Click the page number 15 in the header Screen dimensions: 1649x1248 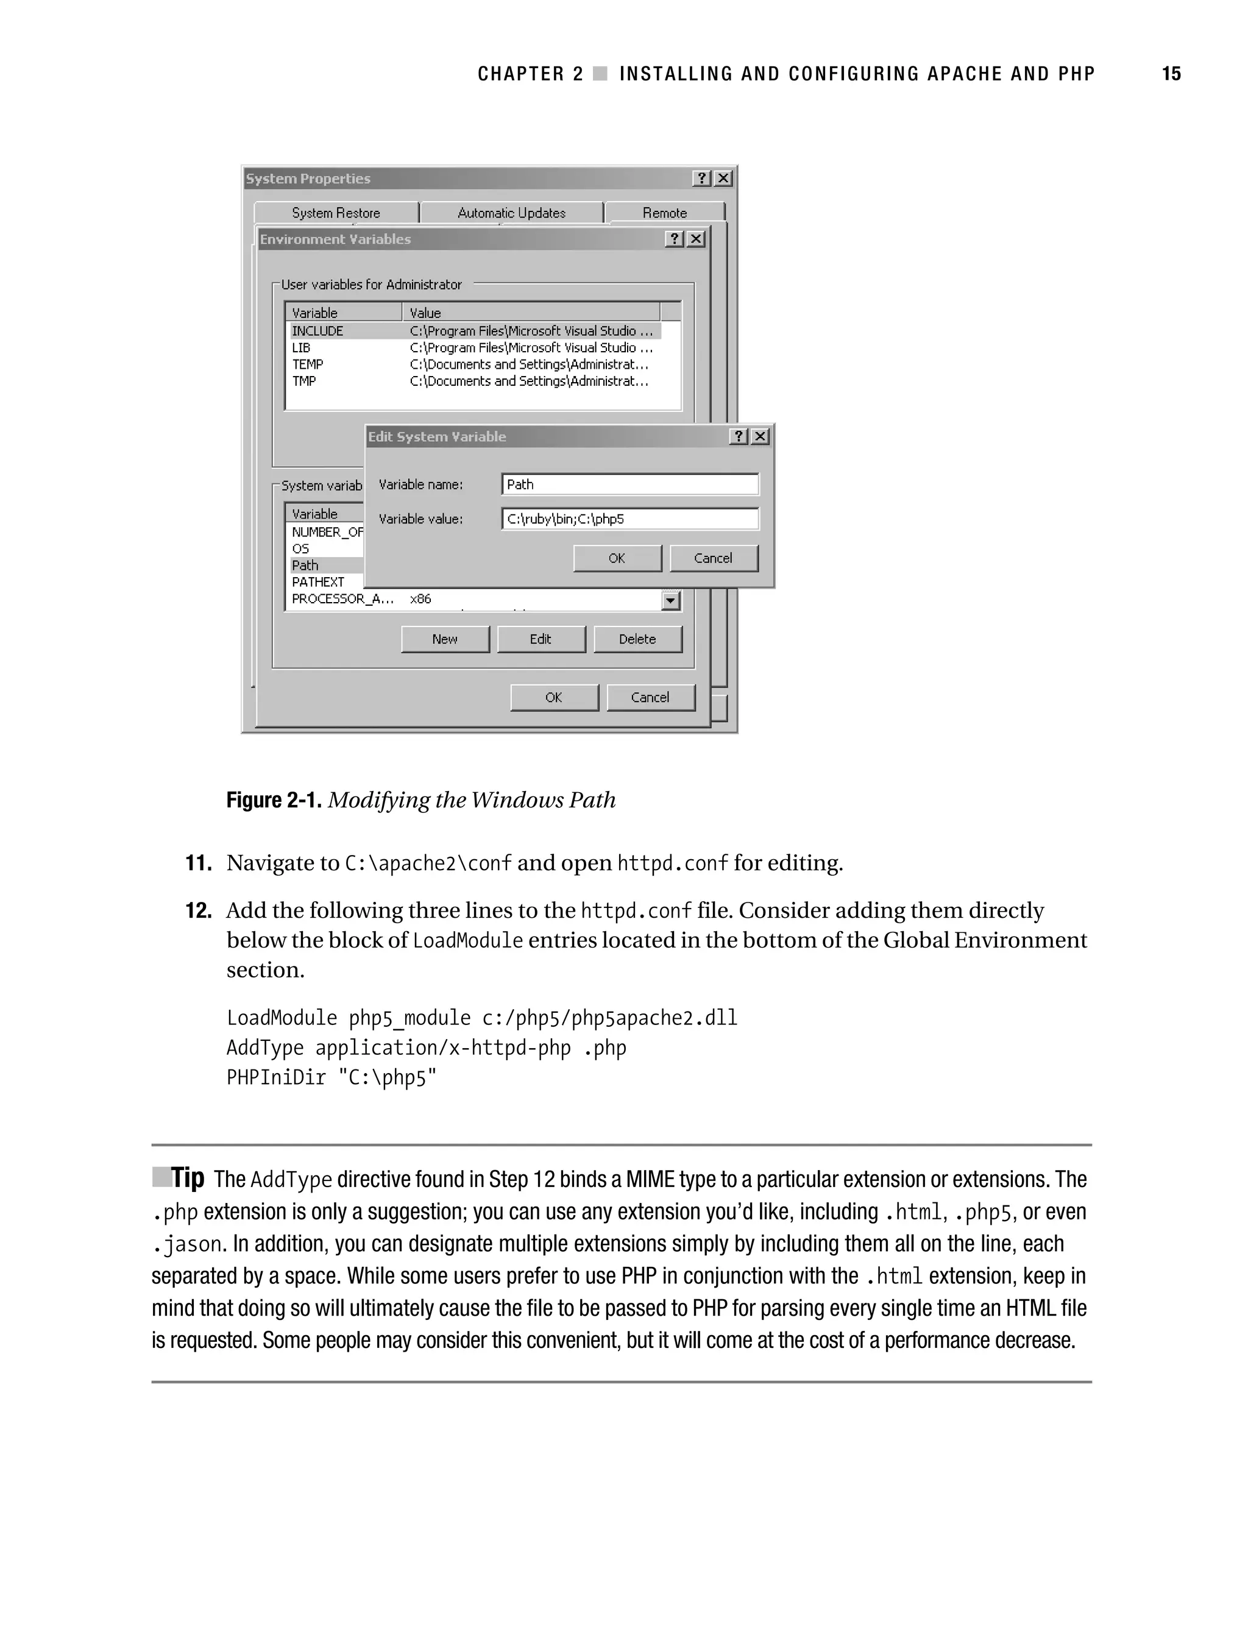[x=1171, y=74]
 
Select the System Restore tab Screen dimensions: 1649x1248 [x=336, y=213]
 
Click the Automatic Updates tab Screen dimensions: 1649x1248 [x=511, y=213]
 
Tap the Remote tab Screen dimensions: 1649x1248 [x=664, y=213]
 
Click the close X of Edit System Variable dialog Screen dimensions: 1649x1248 [x=760, y=437]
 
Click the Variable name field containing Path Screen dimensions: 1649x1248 [x=630, y=484]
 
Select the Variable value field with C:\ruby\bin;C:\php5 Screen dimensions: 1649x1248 [x=630, y=519]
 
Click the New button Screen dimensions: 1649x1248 [x=444, y=639]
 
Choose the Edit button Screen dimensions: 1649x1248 [x=541, y=639]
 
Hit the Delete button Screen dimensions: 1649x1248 [x=637, y=639]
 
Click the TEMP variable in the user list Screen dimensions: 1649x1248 [x=308, y=364]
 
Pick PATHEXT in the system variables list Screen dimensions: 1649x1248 [x=318, y=582]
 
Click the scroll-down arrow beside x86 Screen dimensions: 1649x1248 [x=671, y=600]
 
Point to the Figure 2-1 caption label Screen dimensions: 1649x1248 [x=274, y=801]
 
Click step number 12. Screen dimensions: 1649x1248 [x=198, y=911]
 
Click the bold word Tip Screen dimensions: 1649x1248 [x=187, y=1178]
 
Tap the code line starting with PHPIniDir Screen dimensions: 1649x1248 [x=331, y=1078]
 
